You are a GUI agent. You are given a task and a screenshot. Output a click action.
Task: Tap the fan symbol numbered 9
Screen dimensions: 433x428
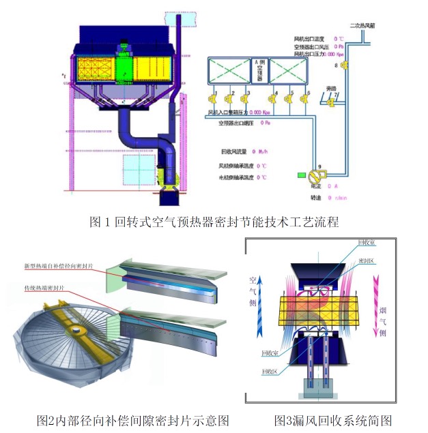pos(315,175)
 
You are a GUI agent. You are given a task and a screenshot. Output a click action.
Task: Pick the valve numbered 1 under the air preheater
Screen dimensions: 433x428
pos(218,99)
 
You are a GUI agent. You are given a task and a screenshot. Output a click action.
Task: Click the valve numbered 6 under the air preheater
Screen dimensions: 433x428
pos(309,99)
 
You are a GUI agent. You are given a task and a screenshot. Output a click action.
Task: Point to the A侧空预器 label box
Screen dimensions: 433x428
pos(259,68)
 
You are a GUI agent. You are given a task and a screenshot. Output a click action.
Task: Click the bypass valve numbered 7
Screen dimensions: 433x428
pos(331,103)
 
